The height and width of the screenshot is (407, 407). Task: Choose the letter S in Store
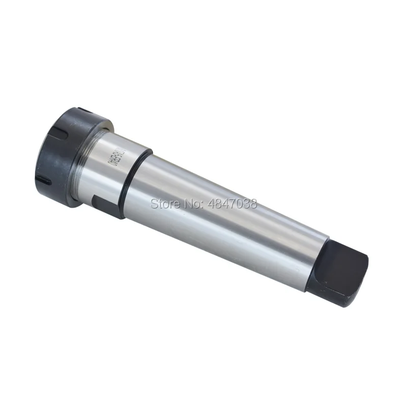coord(154,204)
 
